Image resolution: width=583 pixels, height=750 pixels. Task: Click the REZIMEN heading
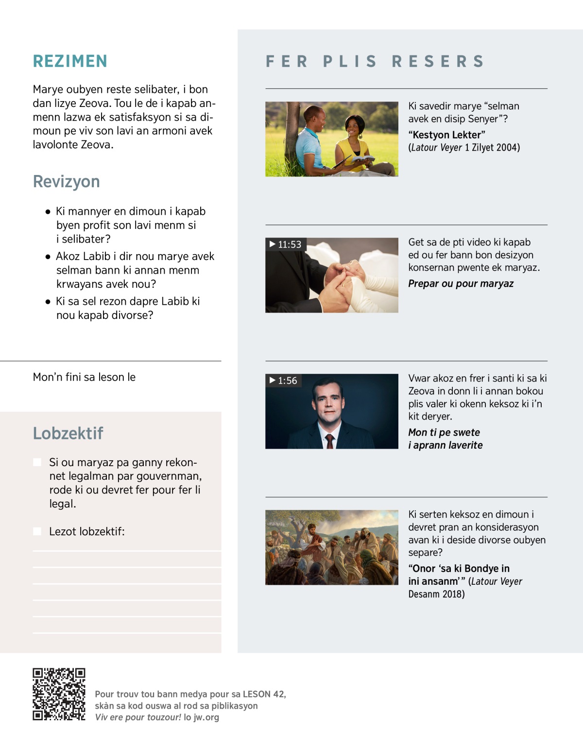[x=70, y=61]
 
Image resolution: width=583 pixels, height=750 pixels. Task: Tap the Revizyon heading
[x=67, y=181]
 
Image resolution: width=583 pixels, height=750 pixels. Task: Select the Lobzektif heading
[x=68, y=433]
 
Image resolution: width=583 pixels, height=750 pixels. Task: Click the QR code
[x=59, y=694]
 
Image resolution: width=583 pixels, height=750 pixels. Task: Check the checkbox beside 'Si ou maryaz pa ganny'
[x=37, y=462]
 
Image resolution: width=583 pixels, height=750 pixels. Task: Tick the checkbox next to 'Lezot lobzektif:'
[x=37, y=531]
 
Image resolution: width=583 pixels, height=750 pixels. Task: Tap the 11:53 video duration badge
[x=286, y=244]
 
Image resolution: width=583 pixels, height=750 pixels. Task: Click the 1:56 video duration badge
[x=283, y=381]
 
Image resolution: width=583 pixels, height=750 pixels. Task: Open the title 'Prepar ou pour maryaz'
[x=461, y=284]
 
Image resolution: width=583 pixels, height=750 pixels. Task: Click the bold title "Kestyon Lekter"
[x=446, y=135]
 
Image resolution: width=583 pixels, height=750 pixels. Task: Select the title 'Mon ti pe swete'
[x=444, y=433]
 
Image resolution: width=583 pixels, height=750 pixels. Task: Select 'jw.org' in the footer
[x=206, y=717]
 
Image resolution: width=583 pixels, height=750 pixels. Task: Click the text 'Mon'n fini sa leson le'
[x=84, y=377]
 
